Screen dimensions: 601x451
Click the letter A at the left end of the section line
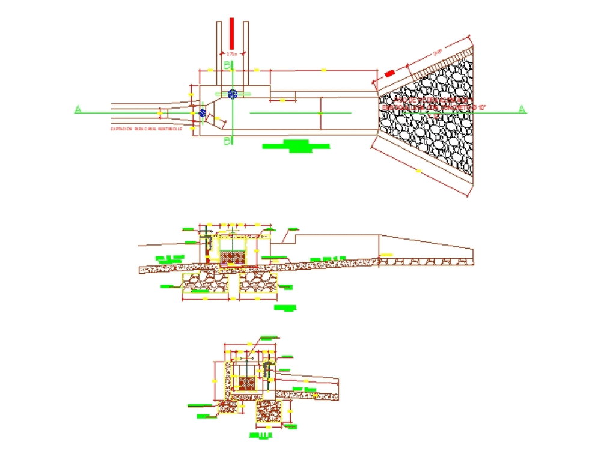point(78,109)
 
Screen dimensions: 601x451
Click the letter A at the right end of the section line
point(522,109)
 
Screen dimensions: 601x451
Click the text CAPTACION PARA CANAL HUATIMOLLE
point(145,129)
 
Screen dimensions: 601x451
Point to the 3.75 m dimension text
point(232,54)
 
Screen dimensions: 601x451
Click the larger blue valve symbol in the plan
point(233,93)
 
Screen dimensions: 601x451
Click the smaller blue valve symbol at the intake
point(203,112)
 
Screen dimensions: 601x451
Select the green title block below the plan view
point(295,146)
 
